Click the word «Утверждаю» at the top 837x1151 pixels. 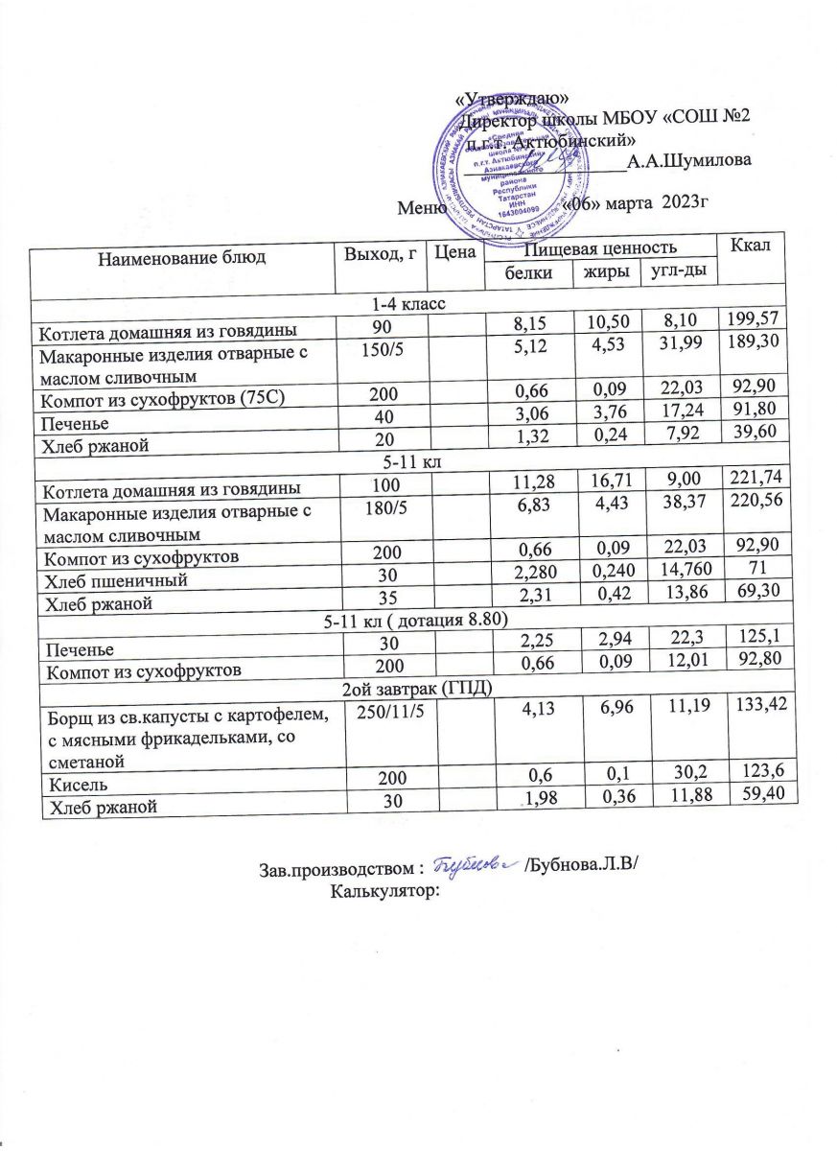pyautogui.click(x=511, y=97)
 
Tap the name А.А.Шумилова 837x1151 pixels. pyautogui.click(x=687, y=160)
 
